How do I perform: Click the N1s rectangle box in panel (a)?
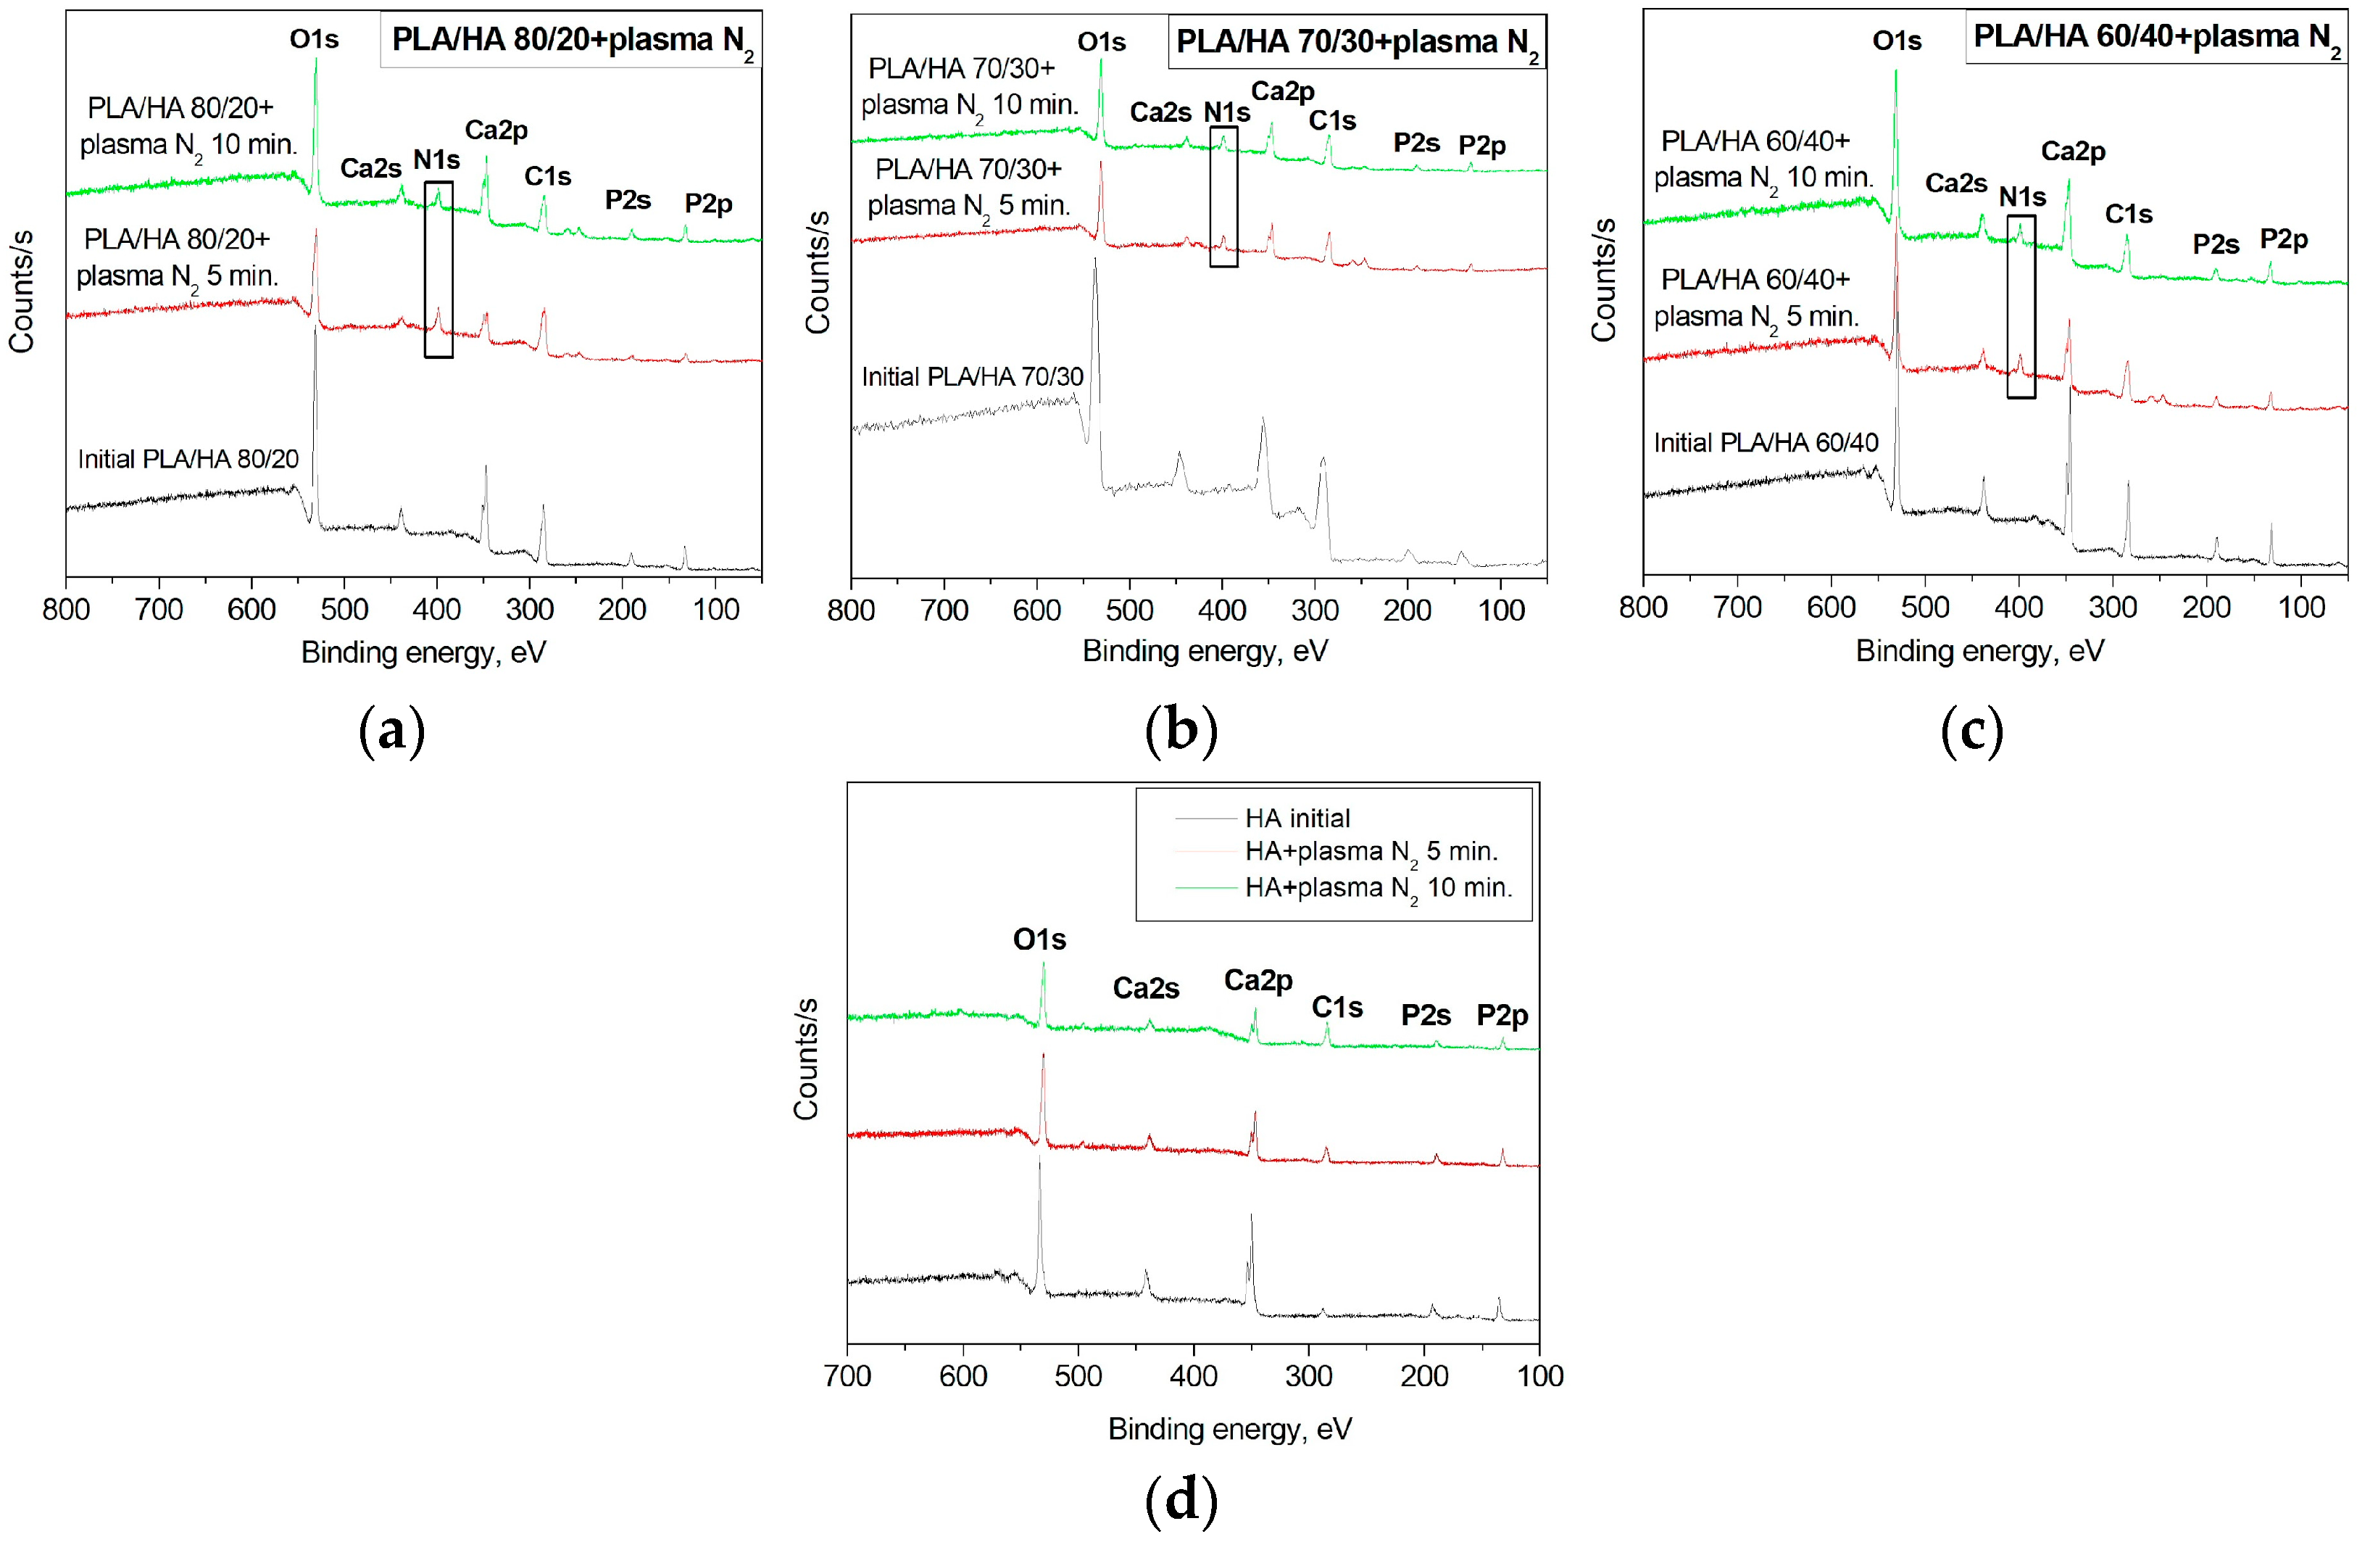(x=438, y=270)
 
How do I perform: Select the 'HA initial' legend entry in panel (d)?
(x=1297, y=818)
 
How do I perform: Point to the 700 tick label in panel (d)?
(x=848, y=1377)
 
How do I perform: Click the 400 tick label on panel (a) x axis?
(x=437, y=609)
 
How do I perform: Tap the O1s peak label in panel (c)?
(x=1897, y=41)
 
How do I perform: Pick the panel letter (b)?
(x=1181, y=732)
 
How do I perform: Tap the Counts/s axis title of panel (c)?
(x=1603, y=281)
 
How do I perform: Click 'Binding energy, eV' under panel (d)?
(x=1229, y=1429)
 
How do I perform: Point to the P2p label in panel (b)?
(x=1481, y=146)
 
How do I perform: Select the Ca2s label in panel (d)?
(x=1146, y=988)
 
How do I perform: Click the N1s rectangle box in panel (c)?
(x=2021, y=307)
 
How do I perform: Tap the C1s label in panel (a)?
(x=548, y=176)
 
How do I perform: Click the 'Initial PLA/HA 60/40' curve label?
(x=1766, y=443)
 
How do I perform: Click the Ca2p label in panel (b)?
(x=1282, y=92)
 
